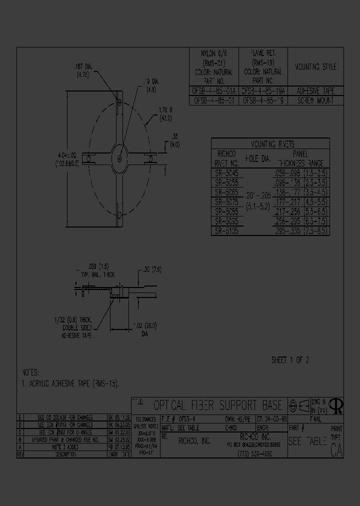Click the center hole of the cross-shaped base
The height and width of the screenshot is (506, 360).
pos(120,158)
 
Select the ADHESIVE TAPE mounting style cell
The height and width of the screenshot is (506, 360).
pos(315,91)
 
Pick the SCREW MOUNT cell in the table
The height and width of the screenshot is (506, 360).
pos(315,100)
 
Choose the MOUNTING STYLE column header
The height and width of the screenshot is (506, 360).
pos(315,67)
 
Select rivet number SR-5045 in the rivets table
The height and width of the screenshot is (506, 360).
pos(226,172)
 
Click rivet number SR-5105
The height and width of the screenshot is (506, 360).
pos(226,231)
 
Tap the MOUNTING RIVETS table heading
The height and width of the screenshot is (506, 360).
pos(270,143)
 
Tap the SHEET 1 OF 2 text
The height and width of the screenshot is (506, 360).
pos(290,360)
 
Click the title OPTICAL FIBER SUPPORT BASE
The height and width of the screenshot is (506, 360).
pos(217,405)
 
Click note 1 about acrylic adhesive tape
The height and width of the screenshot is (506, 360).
pos(72,383)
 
